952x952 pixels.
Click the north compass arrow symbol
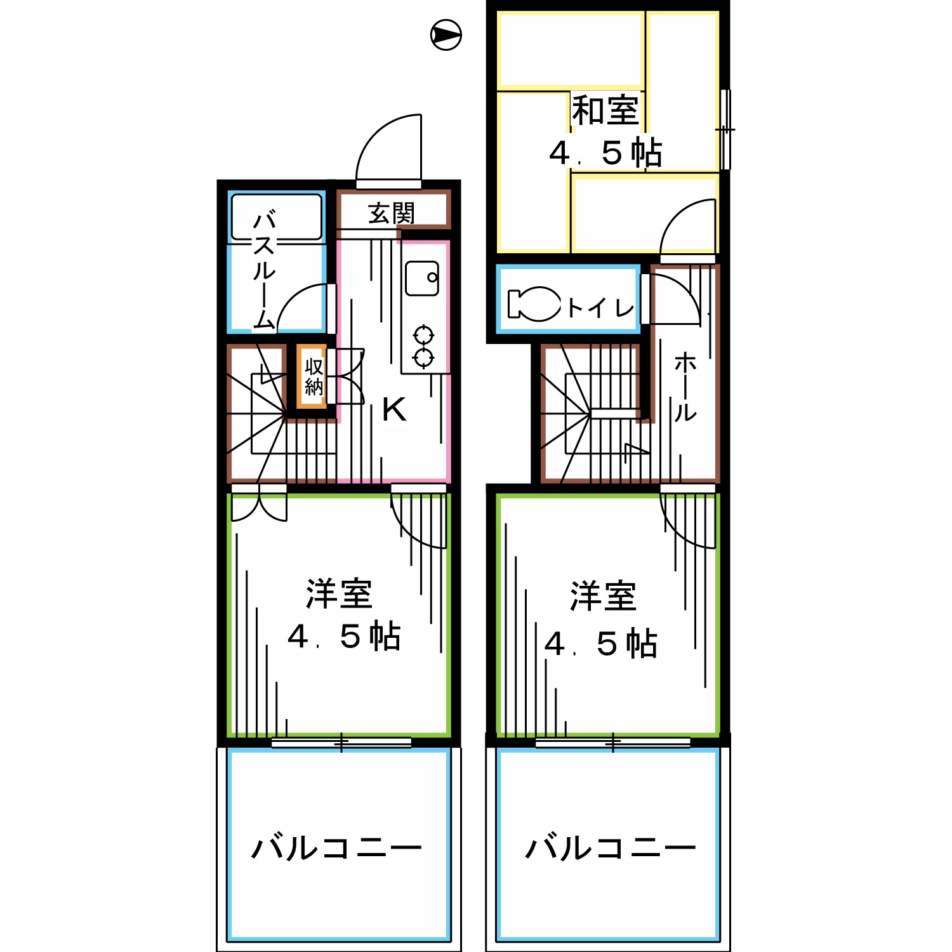point(446,35)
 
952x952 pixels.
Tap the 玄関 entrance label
point(392,213)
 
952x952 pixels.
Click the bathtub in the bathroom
point(277,217)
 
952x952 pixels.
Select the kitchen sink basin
point(422,279)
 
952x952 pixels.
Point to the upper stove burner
point(423,334)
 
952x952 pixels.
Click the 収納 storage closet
point(314,377)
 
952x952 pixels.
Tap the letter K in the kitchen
point(394,410)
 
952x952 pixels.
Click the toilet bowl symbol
point(535,304)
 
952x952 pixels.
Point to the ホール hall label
point(685,388)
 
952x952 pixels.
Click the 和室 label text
point(605,111)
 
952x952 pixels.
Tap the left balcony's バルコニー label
point(337,848)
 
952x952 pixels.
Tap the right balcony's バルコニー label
point(611,848)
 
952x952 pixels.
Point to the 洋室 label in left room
point(339,594)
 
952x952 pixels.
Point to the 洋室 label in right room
point(603,597)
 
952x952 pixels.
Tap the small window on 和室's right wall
point(725,129)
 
